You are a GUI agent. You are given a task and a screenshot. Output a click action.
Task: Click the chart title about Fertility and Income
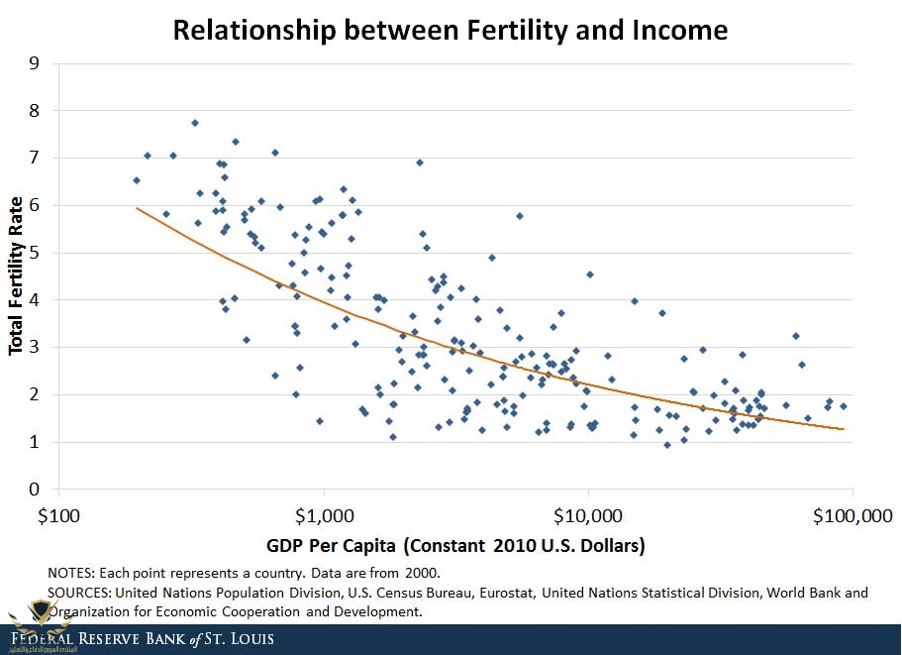451,30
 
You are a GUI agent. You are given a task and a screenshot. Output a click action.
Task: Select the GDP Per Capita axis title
455,545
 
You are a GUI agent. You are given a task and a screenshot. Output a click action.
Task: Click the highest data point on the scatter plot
195,123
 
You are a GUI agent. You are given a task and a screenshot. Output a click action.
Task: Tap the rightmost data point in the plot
844,406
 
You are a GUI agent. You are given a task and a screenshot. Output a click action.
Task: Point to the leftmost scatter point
137,180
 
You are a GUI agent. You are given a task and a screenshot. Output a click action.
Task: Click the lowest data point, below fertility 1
667,445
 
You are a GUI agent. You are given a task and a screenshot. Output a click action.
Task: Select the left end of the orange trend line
137,208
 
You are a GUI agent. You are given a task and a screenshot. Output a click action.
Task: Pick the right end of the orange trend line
844,429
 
